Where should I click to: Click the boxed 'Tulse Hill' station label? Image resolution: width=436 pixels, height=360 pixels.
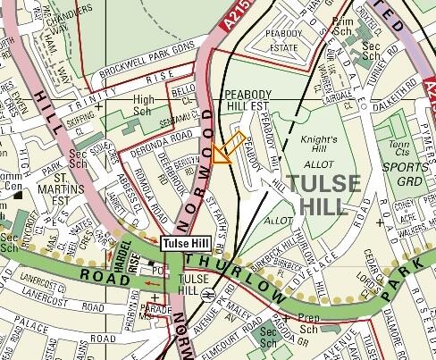tap(185, 243)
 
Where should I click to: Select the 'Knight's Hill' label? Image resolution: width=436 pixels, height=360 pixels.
tap(320, 146)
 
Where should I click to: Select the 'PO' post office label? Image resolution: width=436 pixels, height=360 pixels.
tap(157, 269)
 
